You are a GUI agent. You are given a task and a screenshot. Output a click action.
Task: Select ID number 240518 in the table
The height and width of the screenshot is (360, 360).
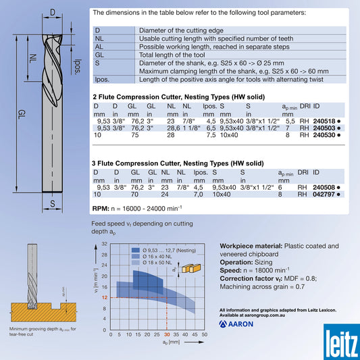[324, 121]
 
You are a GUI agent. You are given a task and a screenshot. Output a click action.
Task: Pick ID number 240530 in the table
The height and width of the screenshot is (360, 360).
[324, 134]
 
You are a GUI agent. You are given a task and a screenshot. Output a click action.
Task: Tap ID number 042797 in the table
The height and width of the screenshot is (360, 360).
[324, 194]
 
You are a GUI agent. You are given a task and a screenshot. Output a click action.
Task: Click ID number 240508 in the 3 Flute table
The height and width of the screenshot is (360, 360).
[324, 187]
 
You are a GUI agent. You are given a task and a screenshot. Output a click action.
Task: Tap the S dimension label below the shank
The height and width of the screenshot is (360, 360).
[52, 202]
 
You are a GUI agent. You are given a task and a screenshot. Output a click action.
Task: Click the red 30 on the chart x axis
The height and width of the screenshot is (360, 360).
[167, 335]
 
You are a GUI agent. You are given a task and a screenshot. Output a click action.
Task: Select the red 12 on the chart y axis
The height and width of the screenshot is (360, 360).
[104, 297]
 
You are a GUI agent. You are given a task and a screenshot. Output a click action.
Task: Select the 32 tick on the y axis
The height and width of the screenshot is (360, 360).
[104, 244]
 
